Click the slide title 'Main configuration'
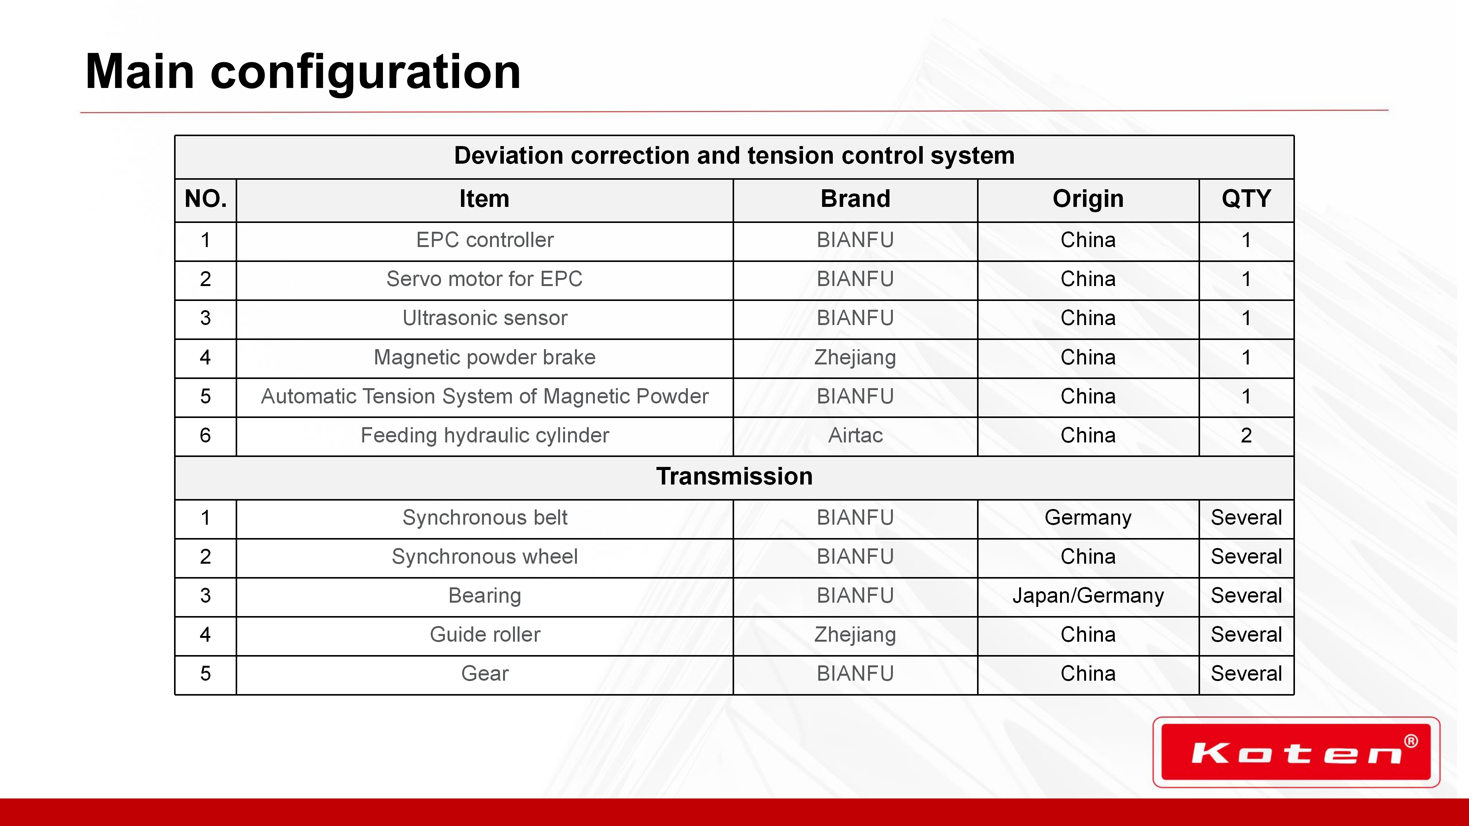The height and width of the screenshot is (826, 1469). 303,72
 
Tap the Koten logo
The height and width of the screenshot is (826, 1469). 1296,752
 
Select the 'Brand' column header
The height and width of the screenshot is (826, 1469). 855,199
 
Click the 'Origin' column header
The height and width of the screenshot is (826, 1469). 1088,199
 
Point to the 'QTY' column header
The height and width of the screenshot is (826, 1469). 1246,199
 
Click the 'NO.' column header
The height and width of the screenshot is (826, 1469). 206,199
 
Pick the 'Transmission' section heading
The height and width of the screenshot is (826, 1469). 734,476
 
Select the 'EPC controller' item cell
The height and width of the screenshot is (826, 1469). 485,240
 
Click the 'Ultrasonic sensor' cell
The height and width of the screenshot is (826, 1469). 485,318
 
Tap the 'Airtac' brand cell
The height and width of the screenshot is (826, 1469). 855,436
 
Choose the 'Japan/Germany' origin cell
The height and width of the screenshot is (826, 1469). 1088,596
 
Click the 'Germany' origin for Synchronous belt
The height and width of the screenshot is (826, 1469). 1088,518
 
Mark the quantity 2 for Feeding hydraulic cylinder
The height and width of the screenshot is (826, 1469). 1246,436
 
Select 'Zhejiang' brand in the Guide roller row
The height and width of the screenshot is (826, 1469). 855,635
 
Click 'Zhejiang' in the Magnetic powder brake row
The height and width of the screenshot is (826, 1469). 855,358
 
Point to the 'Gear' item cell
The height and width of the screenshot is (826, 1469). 485,674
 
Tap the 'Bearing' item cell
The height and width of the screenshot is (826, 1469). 485,596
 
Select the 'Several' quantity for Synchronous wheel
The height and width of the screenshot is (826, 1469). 1246,557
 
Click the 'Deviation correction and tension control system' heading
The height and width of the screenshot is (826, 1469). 734,156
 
